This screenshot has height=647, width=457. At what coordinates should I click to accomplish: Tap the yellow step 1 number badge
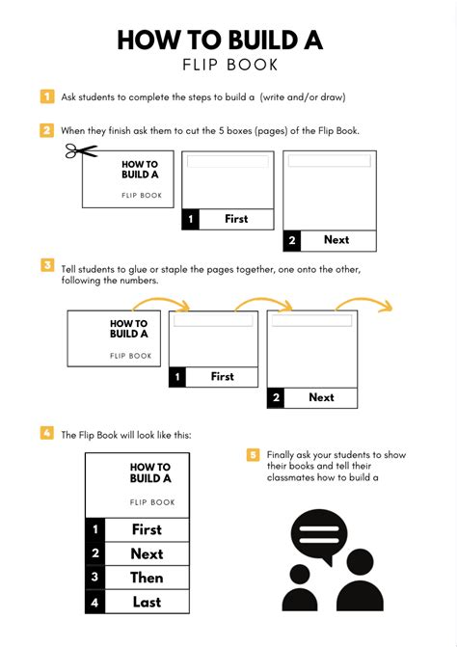click(x=47, y=96)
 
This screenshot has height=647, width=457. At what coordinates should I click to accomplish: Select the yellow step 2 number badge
click(x=47, y=130)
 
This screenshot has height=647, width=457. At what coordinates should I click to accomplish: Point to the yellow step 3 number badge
click(x=47, y=265)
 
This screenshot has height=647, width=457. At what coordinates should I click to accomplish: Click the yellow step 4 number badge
click(x=47, y=433)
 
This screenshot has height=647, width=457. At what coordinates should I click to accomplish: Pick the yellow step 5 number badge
click(x=254, y=454)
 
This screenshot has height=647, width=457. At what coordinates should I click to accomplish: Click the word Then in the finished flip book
click(x=147, y=578)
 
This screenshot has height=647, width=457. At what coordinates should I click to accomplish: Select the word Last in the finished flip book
click(x=147, y=603)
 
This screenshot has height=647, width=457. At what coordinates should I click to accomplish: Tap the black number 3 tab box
click(x=94, y=578)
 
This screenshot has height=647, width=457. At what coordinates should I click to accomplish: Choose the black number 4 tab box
click(x=94, y=603)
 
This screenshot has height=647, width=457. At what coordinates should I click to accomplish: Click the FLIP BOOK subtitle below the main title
click(x=228, y=66)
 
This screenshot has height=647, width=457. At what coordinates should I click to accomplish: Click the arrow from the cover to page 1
click(x=176, y=306)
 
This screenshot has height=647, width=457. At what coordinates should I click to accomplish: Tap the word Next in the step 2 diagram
click(x=336, y=239)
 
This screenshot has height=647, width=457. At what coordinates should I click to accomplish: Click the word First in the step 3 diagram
click(x=222, y=377)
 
